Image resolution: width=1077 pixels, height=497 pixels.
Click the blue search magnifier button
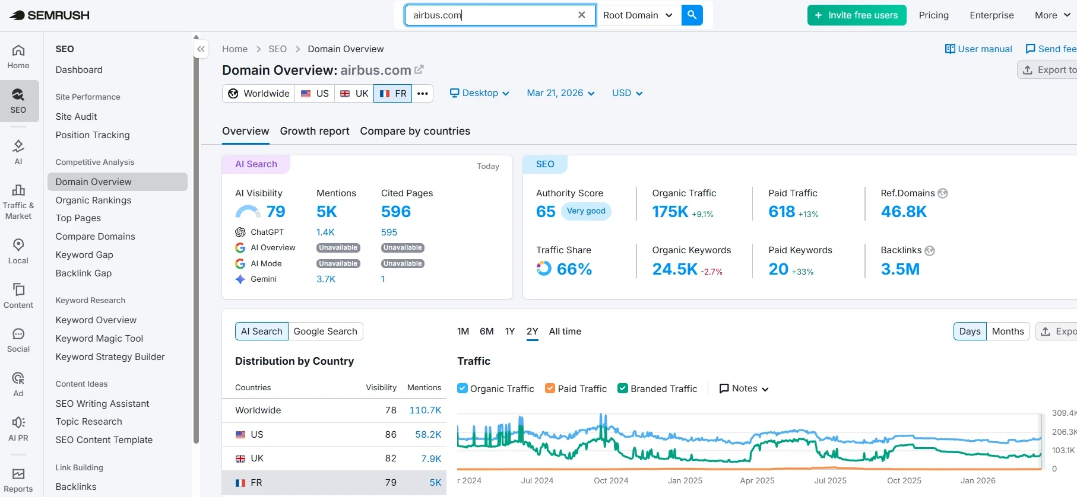click(x=692, y=15)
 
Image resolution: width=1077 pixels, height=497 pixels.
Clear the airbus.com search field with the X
click(x=582, y=15)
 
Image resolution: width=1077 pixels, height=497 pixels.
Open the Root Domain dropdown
click(x=638, y=15)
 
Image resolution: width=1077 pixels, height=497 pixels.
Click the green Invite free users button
click(x=856, y=15)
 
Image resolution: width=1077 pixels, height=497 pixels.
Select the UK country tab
click(x=354, y=94)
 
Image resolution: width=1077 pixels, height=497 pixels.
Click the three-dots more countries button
click(x=423, y=94)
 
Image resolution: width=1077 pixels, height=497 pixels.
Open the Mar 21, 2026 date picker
click(x=560, y=93)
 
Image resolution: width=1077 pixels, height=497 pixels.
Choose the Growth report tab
click(x=315, y=131)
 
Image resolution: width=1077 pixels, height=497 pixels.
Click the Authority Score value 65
click(x=546, y=212)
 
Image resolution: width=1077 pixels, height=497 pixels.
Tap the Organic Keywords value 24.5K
click(x=674, y=269)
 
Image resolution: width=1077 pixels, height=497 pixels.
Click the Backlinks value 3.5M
click(x=900, y=269)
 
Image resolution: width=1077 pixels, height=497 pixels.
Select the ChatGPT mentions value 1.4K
click(x=325, y=232)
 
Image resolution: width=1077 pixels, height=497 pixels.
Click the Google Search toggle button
click(x=325, y=332)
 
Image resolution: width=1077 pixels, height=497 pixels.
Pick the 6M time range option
click(x=486, y=332)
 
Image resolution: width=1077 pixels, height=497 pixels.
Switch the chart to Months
click(x=1008, y=332)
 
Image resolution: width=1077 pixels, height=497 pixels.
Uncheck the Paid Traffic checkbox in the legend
click(x=550, y=388)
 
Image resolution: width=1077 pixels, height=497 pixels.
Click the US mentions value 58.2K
click(x=428, y=435)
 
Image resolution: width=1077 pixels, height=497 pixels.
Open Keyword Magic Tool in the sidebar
click(x=99, y=339)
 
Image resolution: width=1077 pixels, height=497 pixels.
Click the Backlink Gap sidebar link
click(x=84, y=273)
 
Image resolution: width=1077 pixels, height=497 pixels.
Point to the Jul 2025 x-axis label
click(x=830, y=481)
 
